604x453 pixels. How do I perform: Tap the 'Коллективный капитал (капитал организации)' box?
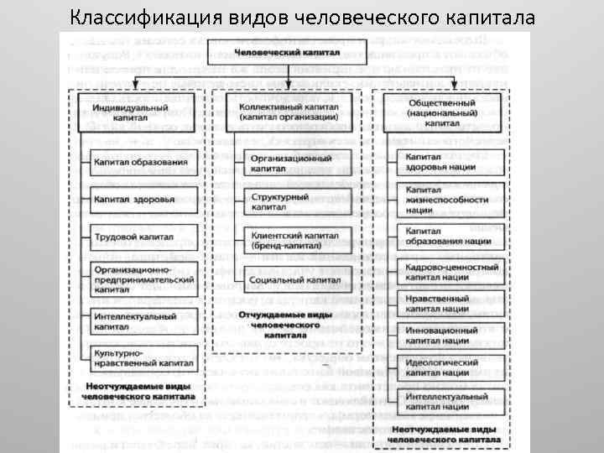click(288, 112)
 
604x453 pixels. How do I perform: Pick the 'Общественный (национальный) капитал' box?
click(442, 112)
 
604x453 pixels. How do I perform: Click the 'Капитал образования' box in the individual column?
click(141, 161)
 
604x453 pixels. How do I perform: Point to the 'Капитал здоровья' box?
click(141, 200)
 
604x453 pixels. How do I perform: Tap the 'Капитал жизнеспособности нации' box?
click(453, 200)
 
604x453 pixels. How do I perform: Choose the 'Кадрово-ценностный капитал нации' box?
click(453, 273)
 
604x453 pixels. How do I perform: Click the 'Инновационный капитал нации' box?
click(453, 336)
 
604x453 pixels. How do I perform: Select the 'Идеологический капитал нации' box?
click(453, 367)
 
